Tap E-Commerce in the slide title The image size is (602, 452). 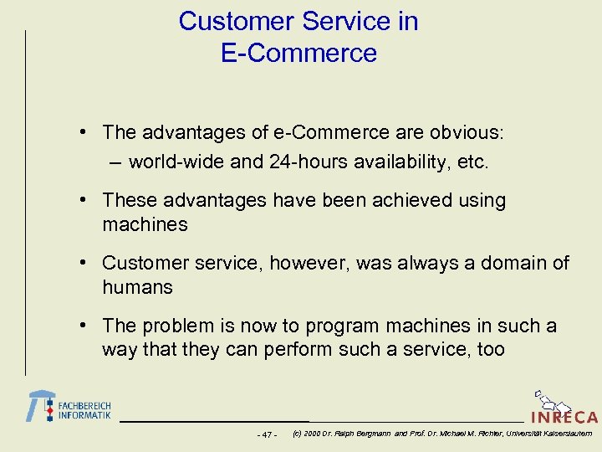click(x=299, y=54)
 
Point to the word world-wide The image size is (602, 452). click(x=176, y=162)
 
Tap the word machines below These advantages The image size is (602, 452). click(x=145, y=224)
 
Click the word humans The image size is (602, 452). click(x=137, y=287)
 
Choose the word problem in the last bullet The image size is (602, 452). click(x=181, y=326)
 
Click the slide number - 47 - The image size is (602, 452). click(x=265, y=434)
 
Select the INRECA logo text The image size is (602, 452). click(x=564, y=417)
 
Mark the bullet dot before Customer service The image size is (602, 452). click(x=87, y=263)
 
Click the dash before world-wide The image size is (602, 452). click(x=114, y=162)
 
